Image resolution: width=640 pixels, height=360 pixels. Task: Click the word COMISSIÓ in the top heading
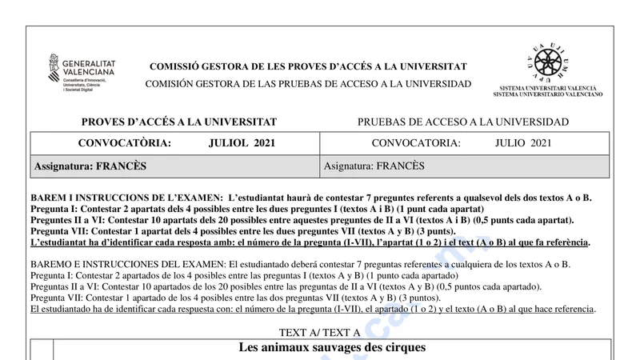click(174, 67)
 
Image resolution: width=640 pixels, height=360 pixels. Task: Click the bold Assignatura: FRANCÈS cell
click(90, 166)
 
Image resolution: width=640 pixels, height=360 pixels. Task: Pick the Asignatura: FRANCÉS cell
click(374, 166)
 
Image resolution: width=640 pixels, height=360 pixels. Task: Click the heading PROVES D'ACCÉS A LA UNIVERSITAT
click(179, 122)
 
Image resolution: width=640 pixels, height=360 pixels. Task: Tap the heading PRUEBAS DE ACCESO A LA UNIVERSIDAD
click(463, 122)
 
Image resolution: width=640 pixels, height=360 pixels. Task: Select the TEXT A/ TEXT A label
click(319, 332)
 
